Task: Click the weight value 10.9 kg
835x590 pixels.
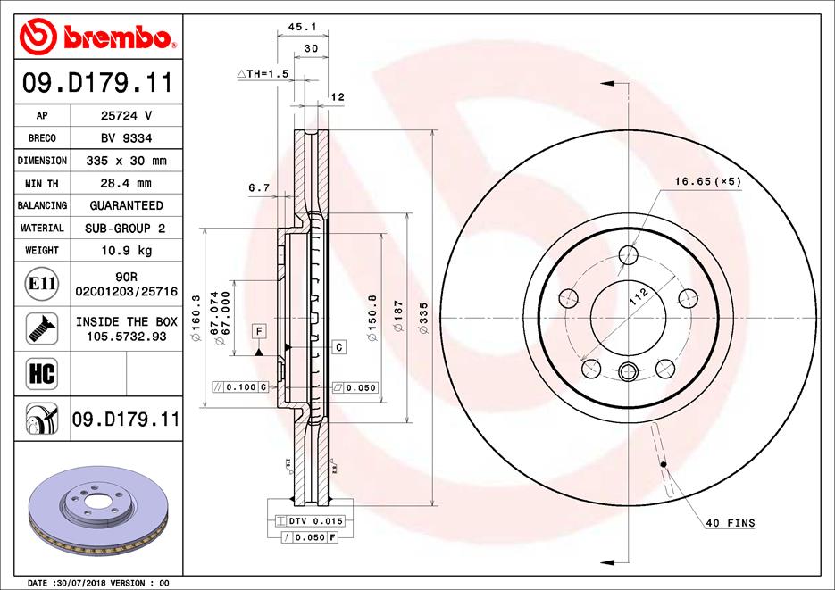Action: tap(127, 251)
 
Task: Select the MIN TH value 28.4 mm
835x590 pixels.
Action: tap(126, 184)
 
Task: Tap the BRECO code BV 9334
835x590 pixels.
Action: tap(126, 138)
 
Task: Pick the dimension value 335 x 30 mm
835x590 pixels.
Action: tap(126, 161)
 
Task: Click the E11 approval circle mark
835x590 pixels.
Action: tap(42, 284)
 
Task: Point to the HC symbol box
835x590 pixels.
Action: tap(42, 373)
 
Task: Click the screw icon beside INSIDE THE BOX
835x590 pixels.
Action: tap(42, 328)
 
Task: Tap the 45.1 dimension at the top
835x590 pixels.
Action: tap(303, 27)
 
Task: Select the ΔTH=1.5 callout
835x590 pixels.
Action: tap(263, 73)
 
